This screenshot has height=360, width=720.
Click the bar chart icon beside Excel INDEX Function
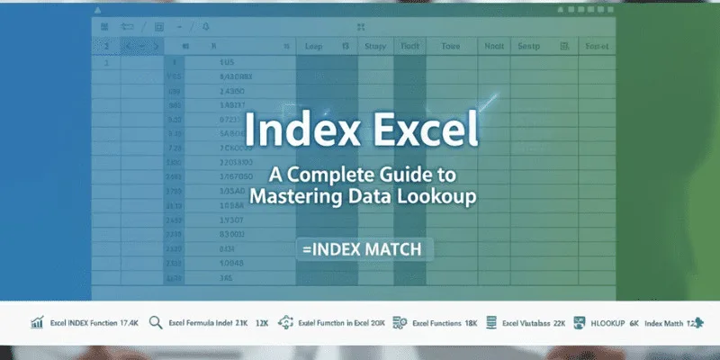coord(37,322)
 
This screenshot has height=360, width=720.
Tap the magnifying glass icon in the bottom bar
coord(155,322)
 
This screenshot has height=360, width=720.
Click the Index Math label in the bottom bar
coord(666,322)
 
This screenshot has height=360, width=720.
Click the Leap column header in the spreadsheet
coord(314,44)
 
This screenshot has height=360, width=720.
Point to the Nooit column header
coord(494,44)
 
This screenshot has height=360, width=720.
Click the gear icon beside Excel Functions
coord(398,322)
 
